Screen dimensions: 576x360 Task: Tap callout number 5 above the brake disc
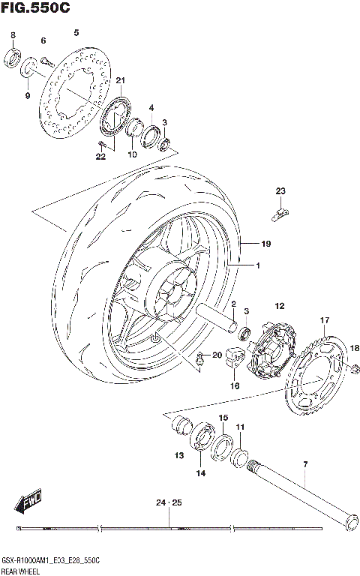75,32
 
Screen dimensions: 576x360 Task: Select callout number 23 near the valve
280,190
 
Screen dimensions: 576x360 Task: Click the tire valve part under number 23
279,214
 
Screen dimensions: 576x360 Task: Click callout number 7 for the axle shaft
305,466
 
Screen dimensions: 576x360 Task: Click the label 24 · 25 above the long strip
169,502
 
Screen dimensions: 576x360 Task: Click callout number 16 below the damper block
234,386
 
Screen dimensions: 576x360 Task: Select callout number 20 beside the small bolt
217,355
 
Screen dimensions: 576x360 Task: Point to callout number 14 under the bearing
200,473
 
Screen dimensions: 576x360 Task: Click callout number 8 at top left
13,36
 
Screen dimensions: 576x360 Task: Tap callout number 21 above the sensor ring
120,82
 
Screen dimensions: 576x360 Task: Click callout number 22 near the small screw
100,156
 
